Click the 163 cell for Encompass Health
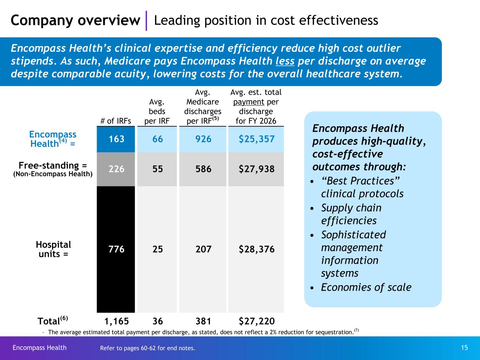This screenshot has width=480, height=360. [116, 139]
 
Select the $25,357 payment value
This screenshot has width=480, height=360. [256, 139]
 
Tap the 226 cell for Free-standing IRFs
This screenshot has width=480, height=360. [116, 169]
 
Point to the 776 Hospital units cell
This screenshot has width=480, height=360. [116, 249]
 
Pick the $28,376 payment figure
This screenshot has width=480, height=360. [256, 249]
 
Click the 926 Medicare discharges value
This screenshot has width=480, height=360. [203, 139]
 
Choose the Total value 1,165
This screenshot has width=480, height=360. [116, 321]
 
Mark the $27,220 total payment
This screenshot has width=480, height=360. [256, 321]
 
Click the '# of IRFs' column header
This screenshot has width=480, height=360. [116, 121]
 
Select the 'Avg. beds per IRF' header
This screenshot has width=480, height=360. [157, 111]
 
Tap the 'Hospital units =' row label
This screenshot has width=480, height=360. [53, 249]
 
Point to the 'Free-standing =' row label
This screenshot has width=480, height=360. [53, 166]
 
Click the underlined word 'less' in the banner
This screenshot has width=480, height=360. [285, 61]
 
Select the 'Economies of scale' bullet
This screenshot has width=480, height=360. [366, 287]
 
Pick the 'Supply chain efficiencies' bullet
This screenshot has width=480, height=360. [351, 214]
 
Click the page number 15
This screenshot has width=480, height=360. [464, 348]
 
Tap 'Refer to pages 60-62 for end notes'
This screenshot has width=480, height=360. [148, 348]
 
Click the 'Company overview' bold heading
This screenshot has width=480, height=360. [75, 20]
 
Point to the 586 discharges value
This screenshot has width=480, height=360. [203, 169]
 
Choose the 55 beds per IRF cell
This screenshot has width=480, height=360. [158, 169]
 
